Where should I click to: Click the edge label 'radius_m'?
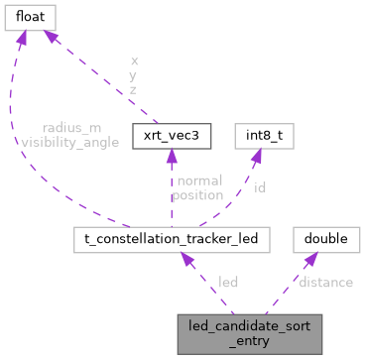click(x=70, y=128)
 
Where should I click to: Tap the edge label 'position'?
click(x=196, y=195)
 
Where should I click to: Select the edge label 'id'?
click(x=259, y=185)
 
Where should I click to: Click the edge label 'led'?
click(x=227, y=283)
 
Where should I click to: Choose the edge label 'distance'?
click(x=325, y=283)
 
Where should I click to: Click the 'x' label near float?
click(x=134, y=60)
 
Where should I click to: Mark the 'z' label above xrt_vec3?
click(x=134, y=89)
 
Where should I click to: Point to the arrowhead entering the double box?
click(x=310, y=256)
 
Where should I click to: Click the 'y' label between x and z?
click(x=134, y=74)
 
